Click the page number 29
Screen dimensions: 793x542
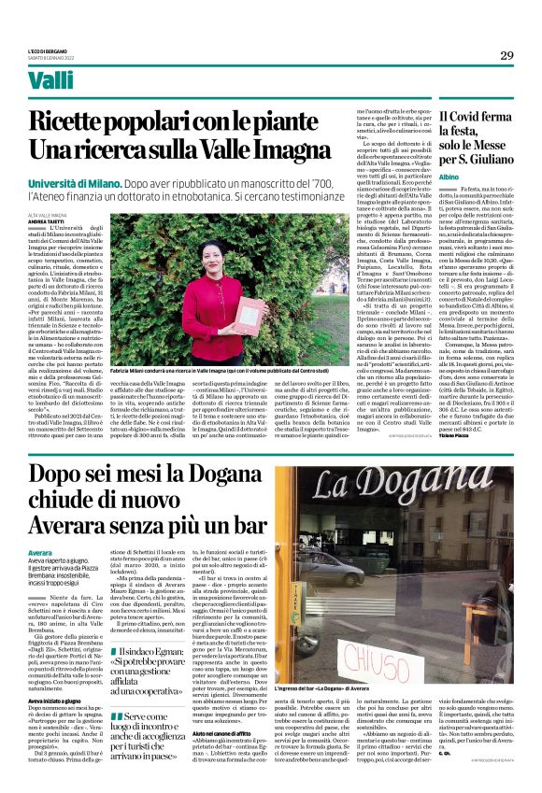(x=506, y=55)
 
